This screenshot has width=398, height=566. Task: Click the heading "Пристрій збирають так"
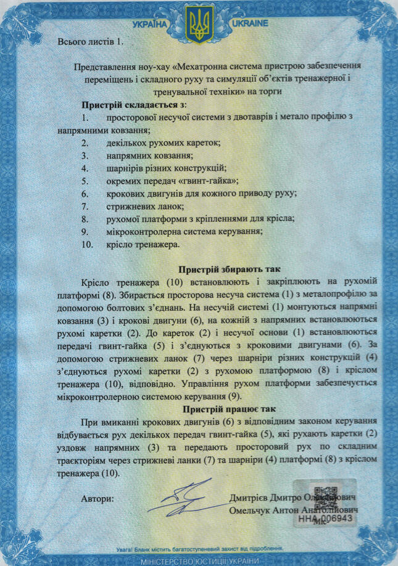click(229, 269)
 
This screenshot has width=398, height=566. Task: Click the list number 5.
click(85, 181)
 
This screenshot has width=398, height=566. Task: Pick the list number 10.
click(86, 245)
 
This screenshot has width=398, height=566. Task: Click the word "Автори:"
click(97, 498)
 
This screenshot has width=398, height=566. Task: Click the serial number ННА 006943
click(326, 519)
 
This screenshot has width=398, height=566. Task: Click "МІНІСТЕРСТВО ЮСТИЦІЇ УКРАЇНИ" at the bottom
click(199, 560)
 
